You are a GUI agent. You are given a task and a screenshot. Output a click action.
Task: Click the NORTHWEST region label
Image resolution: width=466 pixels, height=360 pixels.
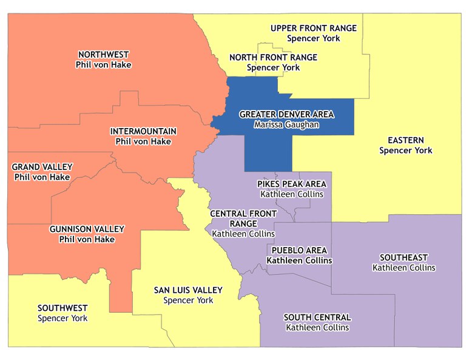pyautogui.click(x=104, y=54)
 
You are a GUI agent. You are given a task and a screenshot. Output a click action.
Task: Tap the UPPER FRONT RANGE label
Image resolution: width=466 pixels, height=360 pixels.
pyautogui.click(x=313, y=28)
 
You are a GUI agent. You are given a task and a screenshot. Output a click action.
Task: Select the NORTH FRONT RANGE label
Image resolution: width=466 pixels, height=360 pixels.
pyautogui.click(x=273, y=58)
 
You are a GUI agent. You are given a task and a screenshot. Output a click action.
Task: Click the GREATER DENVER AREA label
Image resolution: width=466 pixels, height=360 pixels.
pyautogui.click(x=286, y=114)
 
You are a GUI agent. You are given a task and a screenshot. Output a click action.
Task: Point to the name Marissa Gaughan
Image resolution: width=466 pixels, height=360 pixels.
pyautogui.click(x=286, y=124)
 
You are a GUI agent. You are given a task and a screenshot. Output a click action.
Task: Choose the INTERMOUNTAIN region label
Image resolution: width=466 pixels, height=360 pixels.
pyautogui.click(x=143, y=131)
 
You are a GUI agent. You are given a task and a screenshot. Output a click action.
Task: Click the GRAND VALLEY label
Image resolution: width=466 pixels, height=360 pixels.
pyautogui.click(x=42, y=167)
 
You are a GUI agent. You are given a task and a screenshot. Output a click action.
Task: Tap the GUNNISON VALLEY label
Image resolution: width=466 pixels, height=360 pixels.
pyautogui.click(x=87, y=229)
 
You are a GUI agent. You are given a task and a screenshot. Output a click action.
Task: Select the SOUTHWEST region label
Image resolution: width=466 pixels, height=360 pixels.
pyautogui.click(x=62, y=308)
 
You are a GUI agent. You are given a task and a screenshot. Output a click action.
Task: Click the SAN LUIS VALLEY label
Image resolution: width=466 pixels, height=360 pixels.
pyautogui.click(x=188, y=290)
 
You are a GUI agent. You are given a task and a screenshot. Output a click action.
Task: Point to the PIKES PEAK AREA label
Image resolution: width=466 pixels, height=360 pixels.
pyautogui.click(x=291, y=184)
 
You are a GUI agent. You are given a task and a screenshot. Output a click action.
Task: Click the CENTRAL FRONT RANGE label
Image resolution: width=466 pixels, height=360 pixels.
pyautogui.click(x=243, y=219)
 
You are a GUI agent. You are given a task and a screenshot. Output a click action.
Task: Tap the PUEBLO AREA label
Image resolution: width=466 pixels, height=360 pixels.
pyautogui.click(x=299, y=250)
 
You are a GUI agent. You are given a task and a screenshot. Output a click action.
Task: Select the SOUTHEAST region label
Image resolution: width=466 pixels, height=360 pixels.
pyautogui.click(x=404, y=257)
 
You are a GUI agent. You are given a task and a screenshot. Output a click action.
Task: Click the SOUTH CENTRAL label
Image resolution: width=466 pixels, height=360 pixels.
pyautogui.click(x=317, y=318)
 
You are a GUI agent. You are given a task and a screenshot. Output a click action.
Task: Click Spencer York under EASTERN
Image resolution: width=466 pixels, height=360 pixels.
pyautogui.click(x=405, y=150)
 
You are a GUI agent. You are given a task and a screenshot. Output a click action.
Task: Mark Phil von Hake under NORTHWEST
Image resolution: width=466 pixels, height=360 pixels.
pyautogui.click(x=104, y=64)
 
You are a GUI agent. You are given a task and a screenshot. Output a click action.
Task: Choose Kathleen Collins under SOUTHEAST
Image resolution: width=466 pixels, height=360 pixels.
pyautogui.click(x=404, y=268)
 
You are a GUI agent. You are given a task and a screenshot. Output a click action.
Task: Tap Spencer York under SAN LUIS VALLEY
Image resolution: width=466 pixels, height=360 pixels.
pyautogui.click(x=188, y=300)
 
